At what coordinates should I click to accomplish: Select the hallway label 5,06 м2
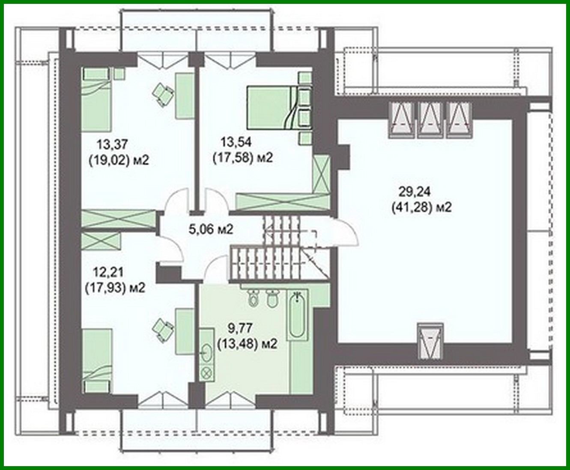(211, 229)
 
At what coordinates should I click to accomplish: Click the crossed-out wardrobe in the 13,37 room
(119, 219)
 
